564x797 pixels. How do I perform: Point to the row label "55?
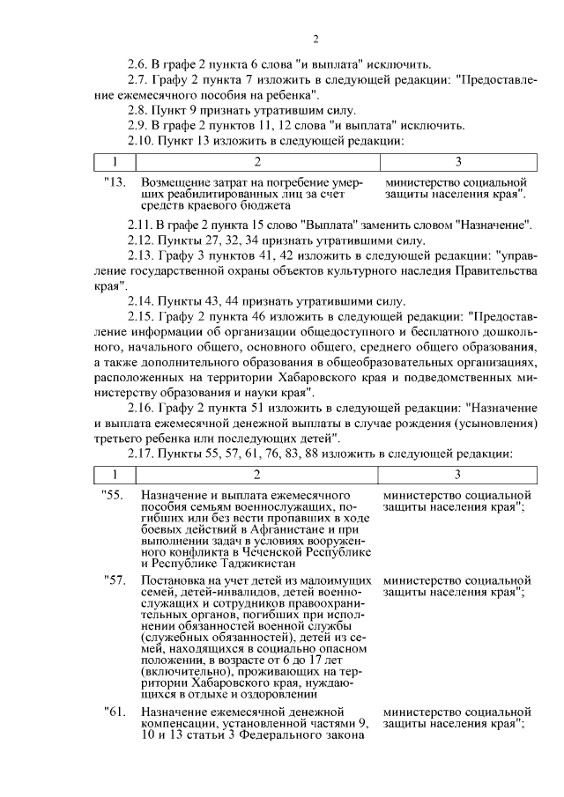(x=115, y=496)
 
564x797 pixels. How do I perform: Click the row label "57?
(x=115, y=581)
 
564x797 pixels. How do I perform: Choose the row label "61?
(x=115, y=711)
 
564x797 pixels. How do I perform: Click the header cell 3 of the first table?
(x=457, y=162)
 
